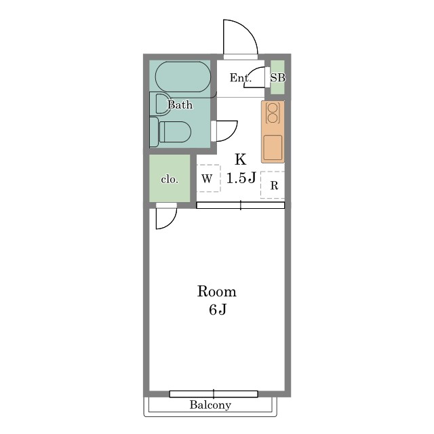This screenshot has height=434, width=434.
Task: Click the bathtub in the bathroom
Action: click(x=183, y=77)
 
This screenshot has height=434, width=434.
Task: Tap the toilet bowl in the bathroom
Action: click(x=175, y=132)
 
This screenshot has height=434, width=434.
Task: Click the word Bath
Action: click(x=180, y=105)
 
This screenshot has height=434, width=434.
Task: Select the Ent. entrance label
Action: click(x=241, y=78)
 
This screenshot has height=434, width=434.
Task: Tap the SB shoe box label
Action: click(x=277, y=78)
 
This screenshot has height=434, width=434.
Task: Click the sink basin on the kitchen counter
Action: click(x=273, y=148)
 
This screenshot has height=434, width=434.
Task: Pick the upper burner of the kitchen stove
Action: click(x=273, y=107)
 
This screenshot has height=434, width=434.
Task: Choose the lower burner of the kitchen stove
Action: click(x=273, y=118)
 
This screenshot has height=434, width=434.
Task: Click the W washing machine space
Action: click(x=208, y=178)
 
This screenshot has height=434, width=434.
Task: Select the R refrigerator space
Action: click(x=273, y=185)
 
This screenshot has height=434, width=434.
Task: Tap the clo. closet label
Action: click(x=170, y=180)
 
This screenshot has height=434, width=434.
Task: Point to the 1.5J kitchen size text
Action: click(x=241, y=178)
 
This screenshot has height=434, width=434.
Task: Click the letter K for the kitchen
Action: click(x=241, y=159)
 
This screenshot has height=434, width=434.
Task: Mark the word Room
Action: click(x=217, y=292)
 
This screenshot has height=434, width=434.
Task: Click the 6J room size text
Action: click(x=218, y=310)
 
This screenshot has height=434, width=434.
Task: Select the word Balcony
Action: click(x=210, y=405)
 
